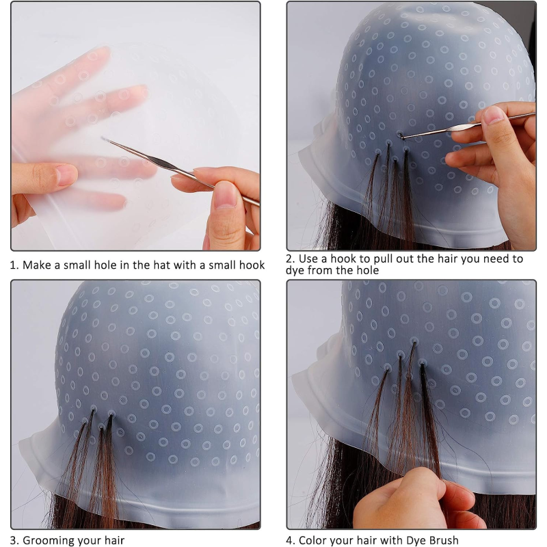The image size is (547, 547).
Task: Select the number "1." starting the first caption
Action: (14, 265)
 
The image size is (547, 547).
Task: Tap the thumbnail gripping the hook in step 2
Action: (492, 114)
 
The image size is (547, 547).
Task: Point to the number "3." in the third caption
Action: (15, 541)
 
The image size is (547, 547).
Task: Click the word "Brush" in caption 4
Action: (441, 541)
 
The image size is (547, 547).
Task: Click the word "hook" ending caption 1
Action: (250, 265)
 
